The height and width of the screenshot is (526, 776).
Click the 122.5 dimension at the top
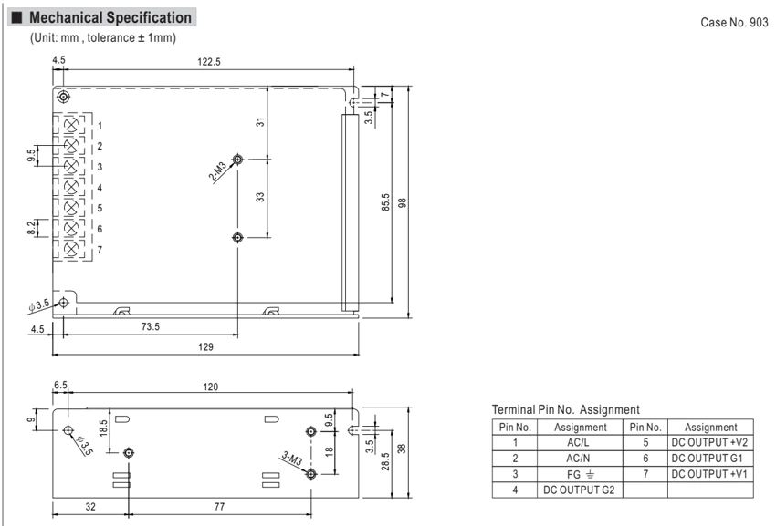pyautogui.click(x=209, y=62)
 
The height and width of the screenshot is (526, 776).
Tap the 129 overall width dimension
pyautogui.click(x=206, y=347)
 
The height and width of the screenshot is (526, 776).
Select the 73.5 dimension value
pyautogui.click(x=151, y=326)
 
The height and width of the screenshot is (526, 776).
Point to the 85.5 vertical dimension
pyautogui.click(x=385, y=202)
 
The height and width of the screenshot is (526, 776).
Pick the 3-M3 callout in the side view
pyautogui.click(x=291, y=459)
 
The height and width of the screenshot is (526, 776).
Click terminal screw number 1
pyautogui.click(x=72, y=125)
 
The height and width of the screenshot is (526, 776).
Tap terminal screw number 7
pyautogui.click(x=72, y=249)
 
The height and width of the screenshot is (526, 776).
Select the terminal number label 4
pyautogui.click(x=100, y=188)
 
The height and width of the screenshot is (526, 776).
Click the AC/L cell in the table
pyautogui.click(x=578, y=442)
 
